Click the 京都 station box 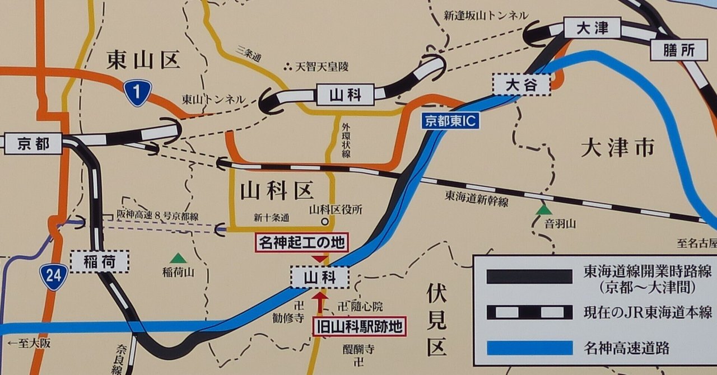33,144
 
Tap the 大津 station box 593,28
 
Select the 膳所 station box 679,51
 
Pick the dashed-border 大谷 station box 521,85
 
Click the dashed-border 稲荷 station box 100,261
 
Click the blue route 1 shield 137,92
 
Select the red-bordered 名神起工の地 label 302,242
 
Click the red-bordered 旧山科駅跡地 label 359,327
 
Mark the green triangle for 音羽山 543,210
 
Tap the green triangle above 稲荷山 178,258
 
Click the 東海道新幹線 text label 477,198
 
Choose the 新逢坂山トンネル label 486,16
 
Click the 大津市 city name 617,148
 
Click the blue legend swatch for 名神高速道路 529,348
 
